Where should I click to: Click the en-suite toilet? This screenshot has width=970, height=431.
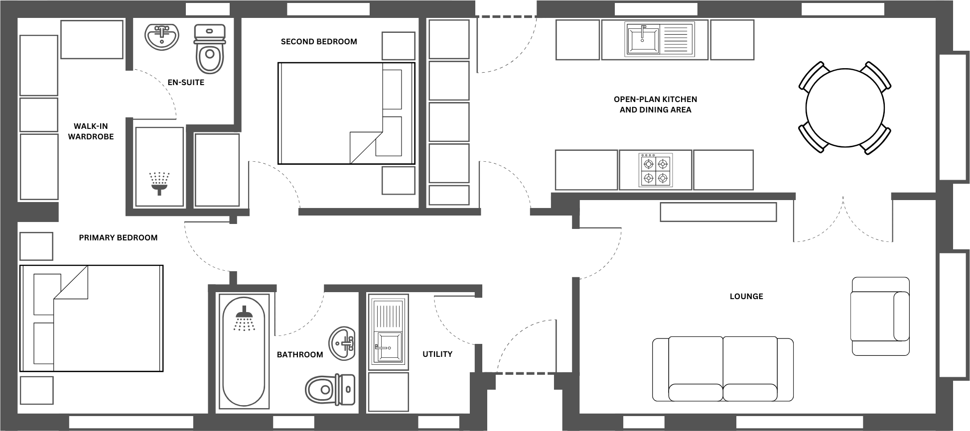coord(210,50)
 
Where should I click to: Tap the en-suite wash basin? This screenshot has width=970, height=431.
coord(161,37)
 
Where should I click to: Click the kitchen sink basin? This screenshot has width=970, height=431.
coord(642,40)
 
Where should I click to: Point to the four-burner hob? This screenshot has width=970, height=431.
coord(656,170)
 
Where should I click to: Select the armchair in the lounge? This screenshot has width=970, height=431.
coord(880,316)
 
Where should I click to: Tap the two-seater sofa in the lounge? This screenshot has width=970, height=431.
coord(722,369)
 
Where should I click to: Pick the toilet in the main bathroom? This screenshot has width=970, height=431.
coord(330,389)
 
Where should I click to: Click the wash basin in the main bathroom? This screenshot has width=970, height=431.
coord(342,343)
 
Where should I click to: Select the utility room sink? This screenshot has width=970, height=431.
coord(388,347)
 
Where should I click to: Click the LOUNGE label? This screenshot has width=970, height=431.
coord(746,296)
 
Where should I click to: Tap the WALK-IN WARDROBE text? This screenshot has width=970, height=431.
coord(91,131)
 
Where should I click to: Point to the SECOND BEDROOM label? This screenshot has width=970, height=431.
coord(319,42)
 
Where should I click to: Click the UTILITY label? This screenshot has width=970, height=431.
coord(437,354)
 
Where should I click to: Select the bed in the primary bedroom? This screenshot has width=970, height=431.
coord(92,319)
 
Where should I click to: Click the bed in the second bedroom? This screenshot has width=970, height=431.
coord(346,113)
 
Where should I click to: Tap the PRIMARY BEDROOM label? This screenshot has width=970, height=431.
coord(118,238)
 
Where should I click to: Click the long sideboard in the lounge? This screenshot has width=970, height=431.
coord(718,212)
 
